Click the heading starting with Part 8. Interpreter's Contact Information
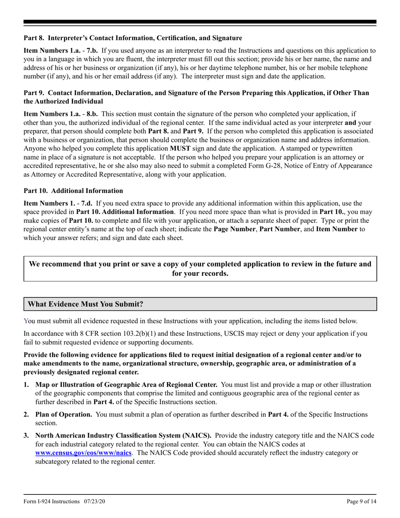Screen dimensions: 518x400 pos(133,38)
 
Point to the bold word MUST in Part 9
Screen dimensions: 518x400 pos(180,148)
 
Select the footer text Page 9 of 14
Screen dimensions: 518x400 pos(361,501)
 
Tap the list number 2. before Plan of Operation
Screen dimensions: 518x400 pos(27,414)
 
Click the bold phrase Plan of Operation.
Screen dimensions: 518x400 pos(64,414)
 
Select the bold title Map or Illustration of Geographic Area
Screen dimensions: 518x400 pos(126,384)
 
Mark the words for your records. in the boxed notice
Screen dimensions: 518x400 pos(200,273)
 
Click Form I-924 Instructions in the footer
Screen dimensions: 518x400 pos(51,501)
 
